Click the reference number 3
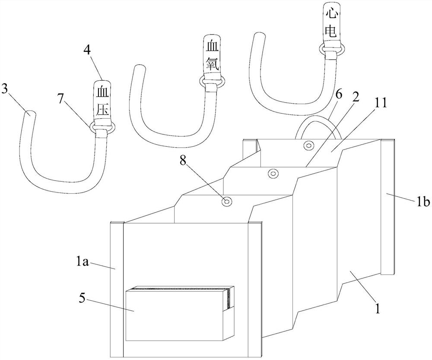[x=5, y=89]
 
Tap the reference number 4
[x=87, y=50]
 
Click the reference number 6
[x=338, y=95]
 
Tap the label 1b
[x=422, y=202]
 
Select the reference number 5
[x=83, y=299]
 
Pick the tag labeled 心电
[x=330, y=23]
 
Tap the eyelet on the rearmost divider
[x=308, y=145]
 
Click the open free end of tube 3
[x=30, y=114]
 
